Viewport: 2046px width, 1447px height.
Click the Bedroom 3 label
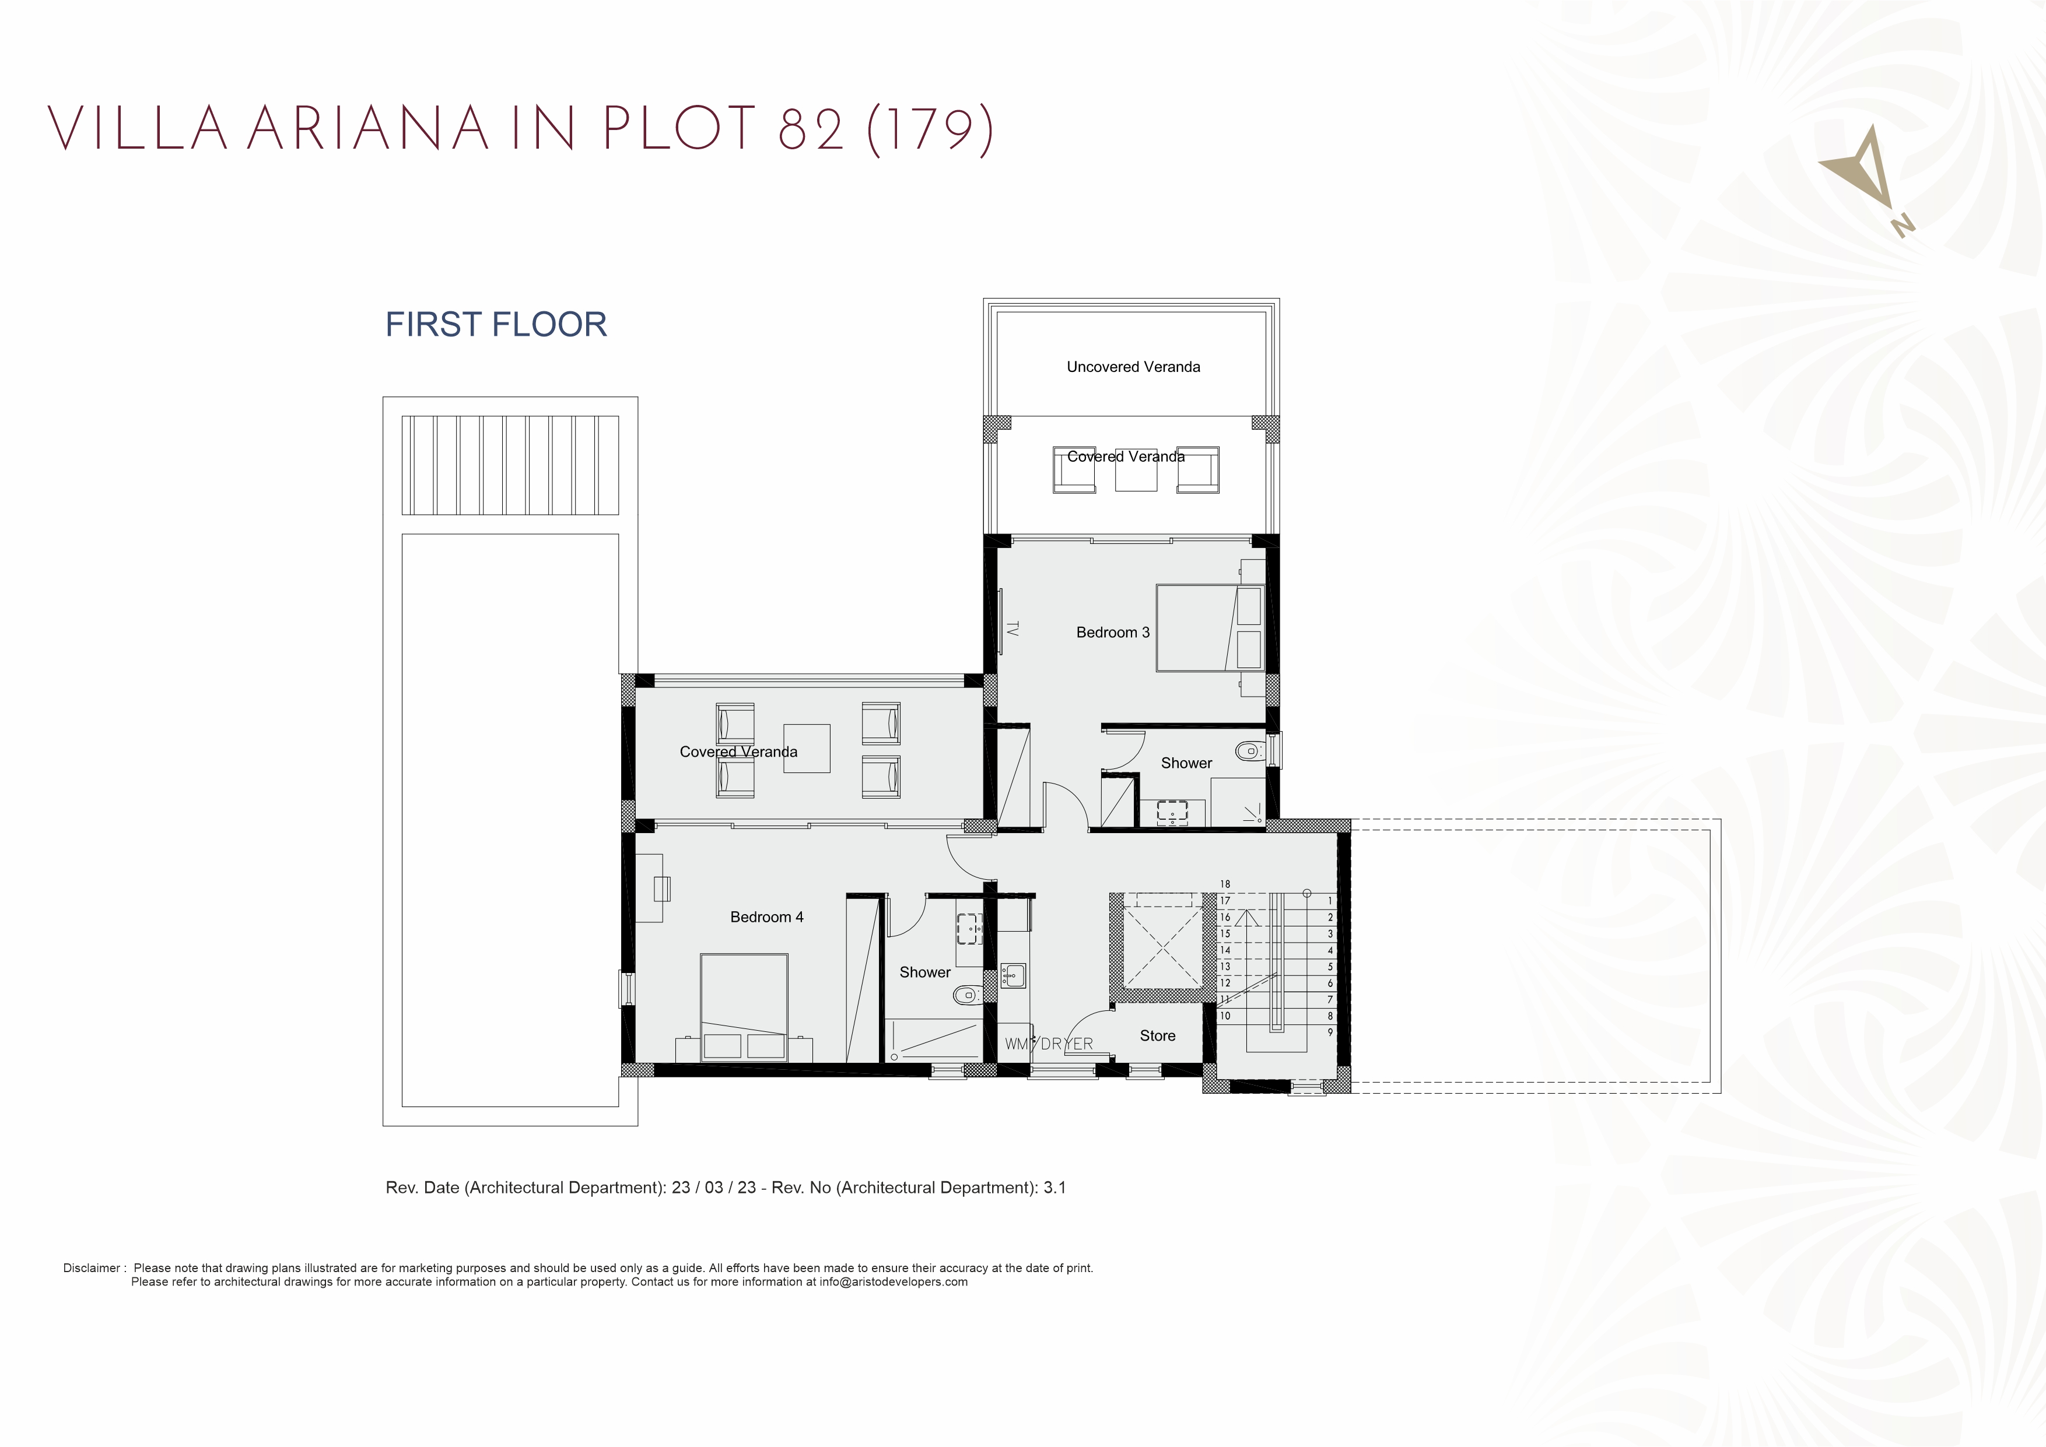[1112, 633]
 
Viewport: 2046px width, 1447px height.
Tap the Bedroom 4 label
[766, 917]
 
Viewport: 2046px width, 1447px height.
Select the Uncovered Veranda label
[1133, 367]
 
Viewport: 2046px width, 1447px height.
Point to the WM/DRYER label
[1048, 1044]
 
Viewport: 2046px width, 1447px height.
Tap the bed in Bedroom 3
[1209, 627]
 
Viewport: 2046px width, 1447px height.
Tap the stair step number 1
[1330, 901]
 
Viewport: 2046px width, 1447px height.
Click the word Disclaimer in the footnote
[91, 1268]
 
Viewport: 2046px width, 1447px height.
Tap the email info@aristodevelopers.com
[893, 1282]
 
